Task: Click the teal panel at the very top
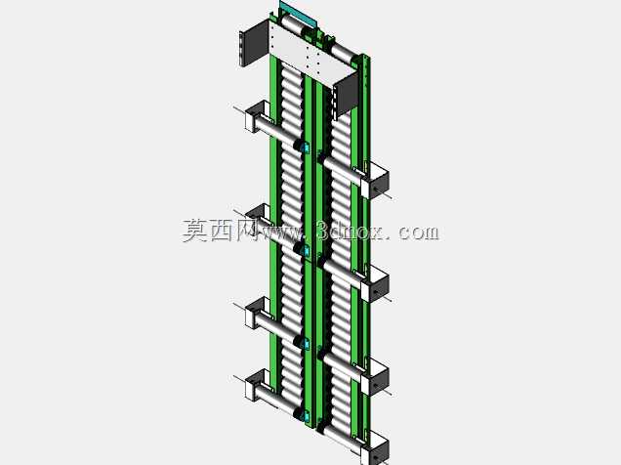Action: pos(298,14)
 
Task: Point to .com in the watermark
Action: pos(415,232)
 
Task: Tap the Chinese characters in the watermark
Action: pos(220,231)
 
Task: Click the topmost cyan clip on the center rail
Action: pos(305,148)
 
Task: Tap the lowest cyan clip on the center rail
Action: pos(306,416)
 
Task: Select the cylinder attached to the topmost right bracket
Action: pos(344,170)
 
